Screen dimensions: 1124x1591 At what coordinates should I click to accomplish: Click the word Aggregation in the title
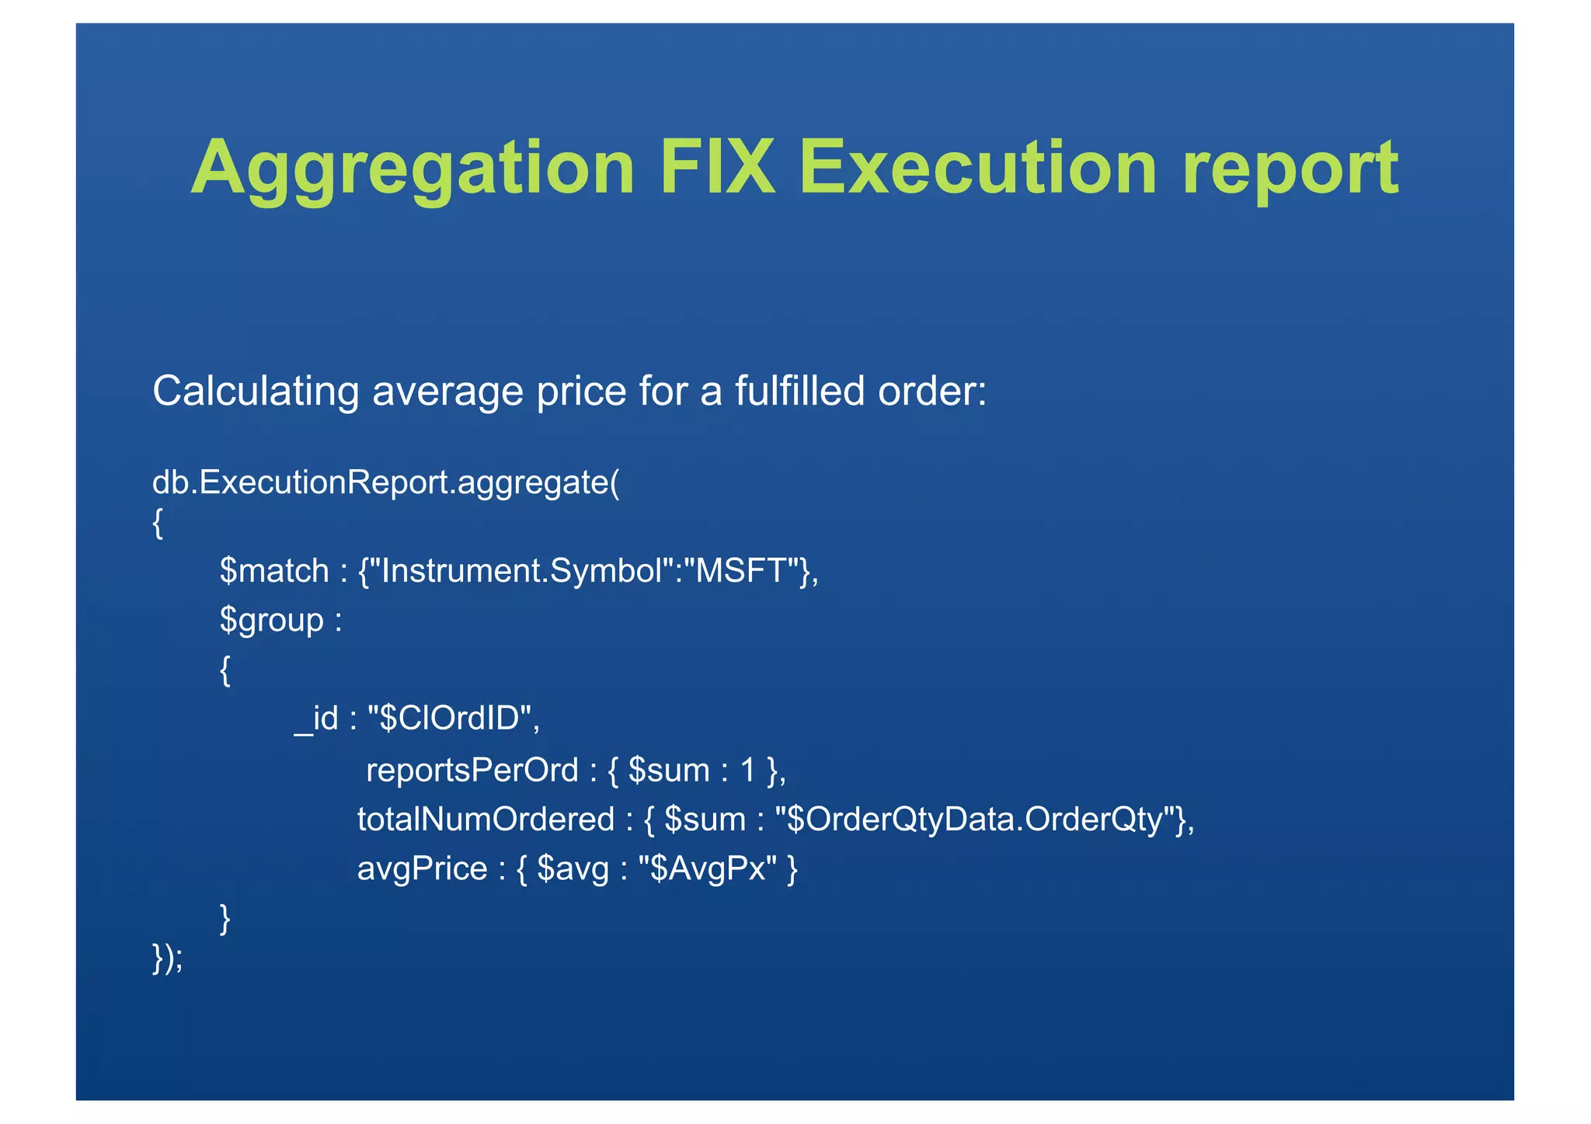pos(413,169)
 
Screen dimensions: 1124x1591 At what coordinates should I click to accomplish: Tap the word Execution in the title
pos(978,167)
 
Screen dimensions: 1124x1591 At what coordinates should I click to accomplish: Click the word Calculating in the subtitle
pos(256,391)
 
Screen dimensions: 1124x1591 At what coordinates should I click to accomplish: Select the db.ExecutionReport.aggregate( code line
pos(385,482)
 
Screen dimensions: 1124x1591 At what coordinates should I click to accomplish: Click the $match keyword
pos(274,571)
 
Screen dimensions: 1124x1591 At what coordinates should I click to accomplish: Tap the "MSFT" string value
pos(743,571)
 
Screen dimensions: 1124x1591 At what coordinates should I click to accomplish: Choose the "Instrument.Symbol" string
pos(523,571)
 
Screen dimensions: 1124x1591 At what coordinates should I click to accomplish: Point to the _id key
pos(316,719)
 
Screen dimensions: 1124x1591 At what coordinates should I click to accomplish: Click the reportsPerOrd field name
pos(472,771)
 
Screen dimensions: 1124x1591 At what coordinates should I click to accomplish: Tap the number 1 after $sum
pos(748,771)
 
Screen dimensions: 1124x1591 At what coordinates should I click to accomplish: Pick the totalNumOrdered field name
pos(486,820)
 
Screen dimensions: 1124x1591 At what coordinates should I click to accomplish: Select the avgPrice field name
pos(422,868)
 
